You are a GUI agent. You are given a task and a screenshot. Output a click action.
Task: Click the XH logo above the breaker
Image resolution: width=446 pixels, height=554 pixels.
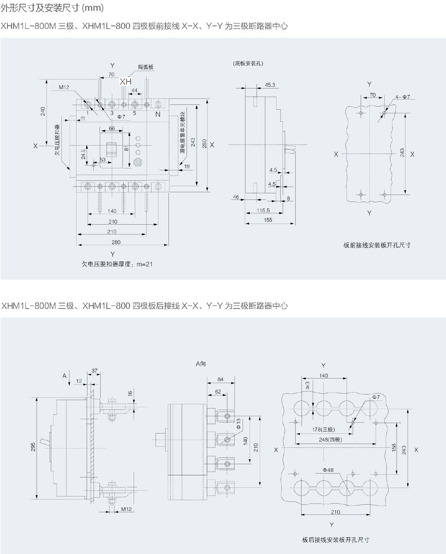coord(126,81)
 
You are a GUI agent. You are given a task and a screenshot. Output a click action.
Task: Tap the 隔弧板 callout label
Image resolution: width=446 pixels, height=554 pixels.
coord(146,67)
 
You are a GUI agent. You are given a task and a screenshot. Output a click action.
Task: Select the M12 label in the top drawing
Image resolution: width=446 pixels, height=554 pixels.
coord(64,87)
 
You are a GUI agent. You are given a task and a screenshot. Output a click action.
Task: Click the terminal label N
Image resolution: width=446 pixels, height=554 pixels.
coord(158,114)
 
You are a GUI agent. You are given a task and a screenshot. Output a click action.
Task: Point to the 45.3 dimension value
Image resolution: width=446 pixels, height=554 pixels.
coord(270,85)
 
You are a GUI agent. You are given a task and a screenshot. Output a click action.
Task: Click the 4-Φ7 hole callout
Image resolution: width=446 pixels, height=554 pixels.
coord(402,97)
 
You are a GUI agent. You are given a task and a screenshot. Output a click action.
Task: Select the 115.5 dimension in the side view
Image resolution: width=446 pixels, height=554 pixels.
coord(263,210)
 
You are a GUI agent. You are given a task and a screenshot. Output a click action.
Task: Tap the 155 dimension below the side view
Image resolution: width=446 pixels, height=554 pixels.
coord(268,220)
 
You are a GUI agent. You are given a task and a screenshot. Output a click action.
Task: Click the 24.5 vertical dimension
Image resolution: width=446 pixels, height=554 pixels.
coord(83,154)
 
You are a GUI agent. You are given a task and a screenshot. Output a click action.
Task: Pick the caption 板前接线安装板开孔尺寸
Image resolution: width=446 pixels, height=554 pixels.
coord(377,245)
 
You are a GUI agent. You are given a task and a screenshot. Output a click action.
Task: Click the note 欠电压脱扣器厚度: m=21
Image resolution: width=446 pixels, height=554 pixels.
coord(117,264)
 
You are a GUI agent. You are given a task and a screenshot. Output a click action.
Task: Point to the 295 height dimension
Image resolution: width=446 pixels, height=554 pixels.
coord(33,447)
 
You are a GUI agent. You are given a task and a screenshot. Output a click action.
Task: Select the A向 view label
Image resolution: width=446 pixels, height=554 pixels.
coord(201,364)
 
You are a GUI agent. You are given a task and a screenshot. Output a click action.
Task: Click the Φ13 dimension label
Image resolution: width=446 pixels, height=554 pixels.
coord(238,423)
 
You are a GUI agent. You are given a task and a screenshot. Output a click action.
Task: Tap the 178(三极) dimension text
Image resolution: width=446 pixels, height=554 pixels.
coord(323,429)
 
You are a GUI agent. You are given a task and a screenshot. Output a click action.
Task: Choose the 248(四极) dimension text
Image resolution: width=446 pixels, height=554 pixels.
coord(330,439)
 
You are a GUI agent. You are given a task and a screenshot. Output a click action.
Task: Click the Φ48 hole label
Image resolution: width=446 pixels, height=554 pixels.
coord(328,470)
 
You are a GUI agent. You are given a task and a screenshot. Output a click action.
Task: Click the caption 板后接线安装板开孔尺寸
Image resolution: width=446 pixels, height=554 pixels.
coord(336,540)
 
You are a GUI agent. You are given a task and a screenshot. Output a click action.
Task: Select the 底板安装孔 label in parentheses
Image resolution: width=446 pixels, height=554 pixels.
coord(248,63)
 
